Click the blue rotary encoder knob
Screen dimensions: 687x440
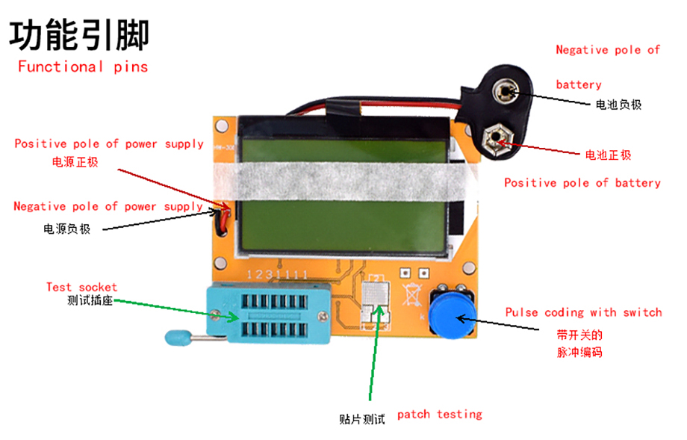click(451, 314)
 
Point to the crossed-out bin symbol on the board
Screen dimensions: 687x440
click(412, 294)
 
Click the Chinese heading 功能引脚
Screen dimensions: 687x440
click(79, 35)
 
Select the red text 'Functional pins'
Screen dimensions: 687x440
click(83, 67)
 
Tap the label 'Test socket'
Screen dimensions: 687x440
click(82, 287)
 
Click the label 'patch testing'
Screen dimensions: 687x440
click(439, 415)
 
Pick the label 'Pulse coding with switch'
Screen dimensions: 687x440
click(584, 312)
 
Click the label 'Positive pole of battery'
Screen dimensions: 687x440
click(582, 183)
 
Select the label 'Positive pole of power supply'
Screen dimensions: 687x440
click(109, 144)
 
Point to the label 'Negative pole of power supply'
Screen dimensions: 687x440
click(108, 206)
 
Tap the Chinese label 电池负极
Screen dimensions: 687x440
click(618, 105)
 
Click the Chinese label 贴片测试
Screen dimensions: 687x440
click(362, 419)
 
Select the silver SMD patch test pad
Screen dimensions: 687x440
click(376, 303)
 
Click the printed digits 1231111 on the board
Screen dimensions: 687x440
click(277, 275)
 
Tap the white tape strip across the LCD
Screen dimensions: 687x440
click(345, 181)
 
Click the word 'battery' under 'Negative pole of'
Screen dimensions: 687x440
click(578, 84)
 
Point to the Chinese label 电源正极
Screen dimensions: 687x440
click(75, 162)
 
